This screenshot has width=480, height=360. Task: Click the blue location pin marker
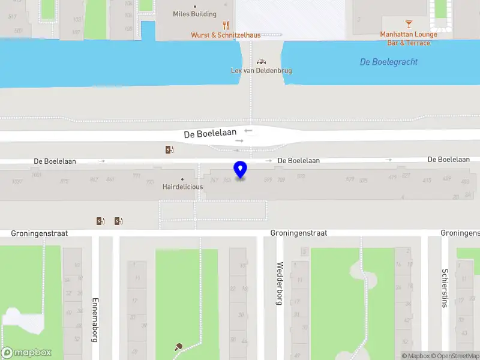[241, 169]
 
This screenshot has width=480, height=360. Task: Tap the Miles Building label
[194, 14]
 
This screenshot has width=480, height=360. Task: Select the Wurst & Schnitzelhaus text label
[226, 35]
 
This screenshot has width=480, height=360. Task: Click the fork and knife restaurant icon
[226, 25]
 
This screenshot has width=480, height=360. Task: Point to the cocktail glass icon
[409, 24]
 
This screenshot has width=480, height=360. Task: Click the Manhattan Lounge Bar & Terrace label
[409, 38]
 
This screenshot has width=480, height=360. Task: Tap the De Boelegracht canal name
[389, 62]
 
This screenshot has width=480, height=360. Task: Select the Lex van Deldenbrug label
[262, 70]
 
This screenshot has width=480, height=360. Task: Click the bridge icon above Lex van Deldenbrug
[261, 61]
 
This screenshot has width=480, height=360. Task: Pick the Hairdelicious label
[182, 187]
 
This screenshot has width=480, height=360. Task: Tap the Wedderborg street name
[279, 283]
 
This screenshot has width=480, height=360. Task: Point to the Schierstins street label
[445, 287]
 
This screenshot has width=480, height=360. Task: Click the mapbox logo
[26, 353]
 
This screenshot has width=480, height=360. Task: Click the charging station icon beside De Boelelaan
[170, 149]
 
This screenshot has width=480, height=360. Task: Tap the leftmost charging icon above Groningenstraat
[100, 221]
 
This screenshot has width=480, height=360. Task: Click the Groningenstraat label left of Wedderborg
[299, 233]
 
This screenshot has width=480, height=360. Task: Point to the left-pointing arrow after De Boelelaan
[248, 131]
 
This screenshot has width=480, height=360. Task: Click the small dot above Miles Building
[194, 7]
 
